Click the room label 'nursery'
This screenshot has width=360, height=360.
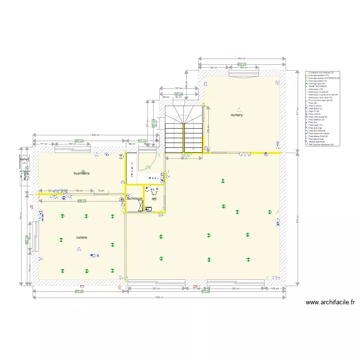pos(237,115)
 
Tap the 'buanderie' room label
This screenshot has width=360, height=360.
pos(82,173)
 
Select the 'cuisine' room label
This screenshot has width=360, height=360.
pos(82,237)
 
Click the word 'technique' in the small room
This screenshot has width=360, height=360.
pos(134,198)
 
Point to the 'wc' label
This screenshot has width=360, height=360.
pos(154,199)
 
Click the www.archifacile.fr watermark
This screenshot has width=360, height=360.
pos(330,302)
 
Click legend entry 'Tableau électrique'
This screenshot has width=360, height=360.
pos(317,142)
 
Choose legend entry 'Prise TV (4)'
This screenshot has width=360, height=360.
pos(314,111)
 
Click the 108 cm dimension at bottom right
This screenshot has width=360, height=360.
pos(275,288)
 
